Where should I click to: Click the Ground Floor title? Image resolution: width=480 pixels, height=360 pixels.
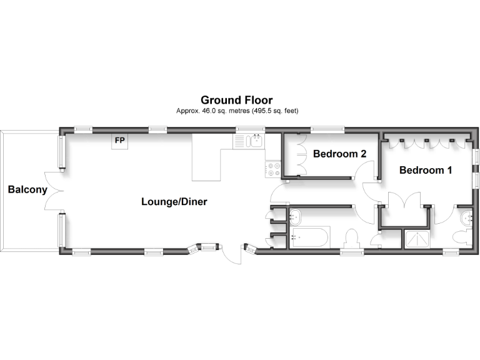tap(236, 100)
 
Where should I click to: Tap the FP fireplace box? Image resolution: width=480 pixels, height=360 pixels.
tap(119, 141)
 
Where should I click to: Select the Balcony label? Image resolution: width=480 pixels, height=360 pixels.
tap(27, 189)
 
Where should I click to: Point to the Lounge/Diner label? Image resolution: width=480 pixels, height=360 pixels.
tap(174, 202)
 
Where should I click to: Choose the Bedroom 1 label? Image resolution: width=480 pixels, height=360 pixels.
tap(426, 170)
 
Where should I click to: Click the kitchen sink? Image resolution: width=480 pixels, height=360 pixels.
tap(251, 141)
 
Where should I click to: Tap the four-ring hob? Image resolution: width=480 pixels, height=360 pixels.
tap(272, 168)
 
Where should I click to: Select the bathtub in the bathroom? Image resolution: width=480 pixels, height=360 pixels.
tap(309, 237)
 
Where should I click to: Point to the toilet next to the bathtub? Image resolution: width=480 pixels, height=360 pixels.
tap(352, 239)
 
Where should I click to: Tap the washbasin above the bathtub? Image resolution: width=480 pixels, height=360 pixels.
tap(296, 217)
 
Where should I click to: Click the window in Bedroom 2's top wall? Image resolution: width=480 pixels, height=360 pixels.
tap(327, 130)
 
